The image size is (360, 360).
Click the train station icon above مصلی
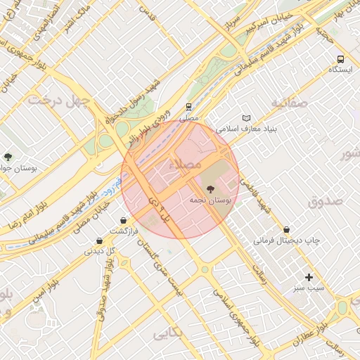[188, 107]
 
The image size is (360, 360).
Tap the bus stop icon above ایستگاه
[340, 60]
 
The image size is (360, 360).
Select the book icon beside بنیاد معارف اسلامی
[245, 118]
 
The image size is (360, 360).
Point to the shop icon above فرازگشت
[124, 220]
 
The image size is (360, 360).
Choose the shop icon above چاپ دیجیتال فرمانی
[286, 230]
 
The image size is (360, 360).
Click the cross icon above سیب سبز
[309, 278]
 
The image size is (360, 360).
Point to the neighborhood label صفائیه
[290, 103]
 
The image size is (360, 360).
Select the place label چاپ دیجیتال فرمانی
[287, 240]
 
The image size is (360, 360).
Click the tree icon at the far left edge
[8, 157]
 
